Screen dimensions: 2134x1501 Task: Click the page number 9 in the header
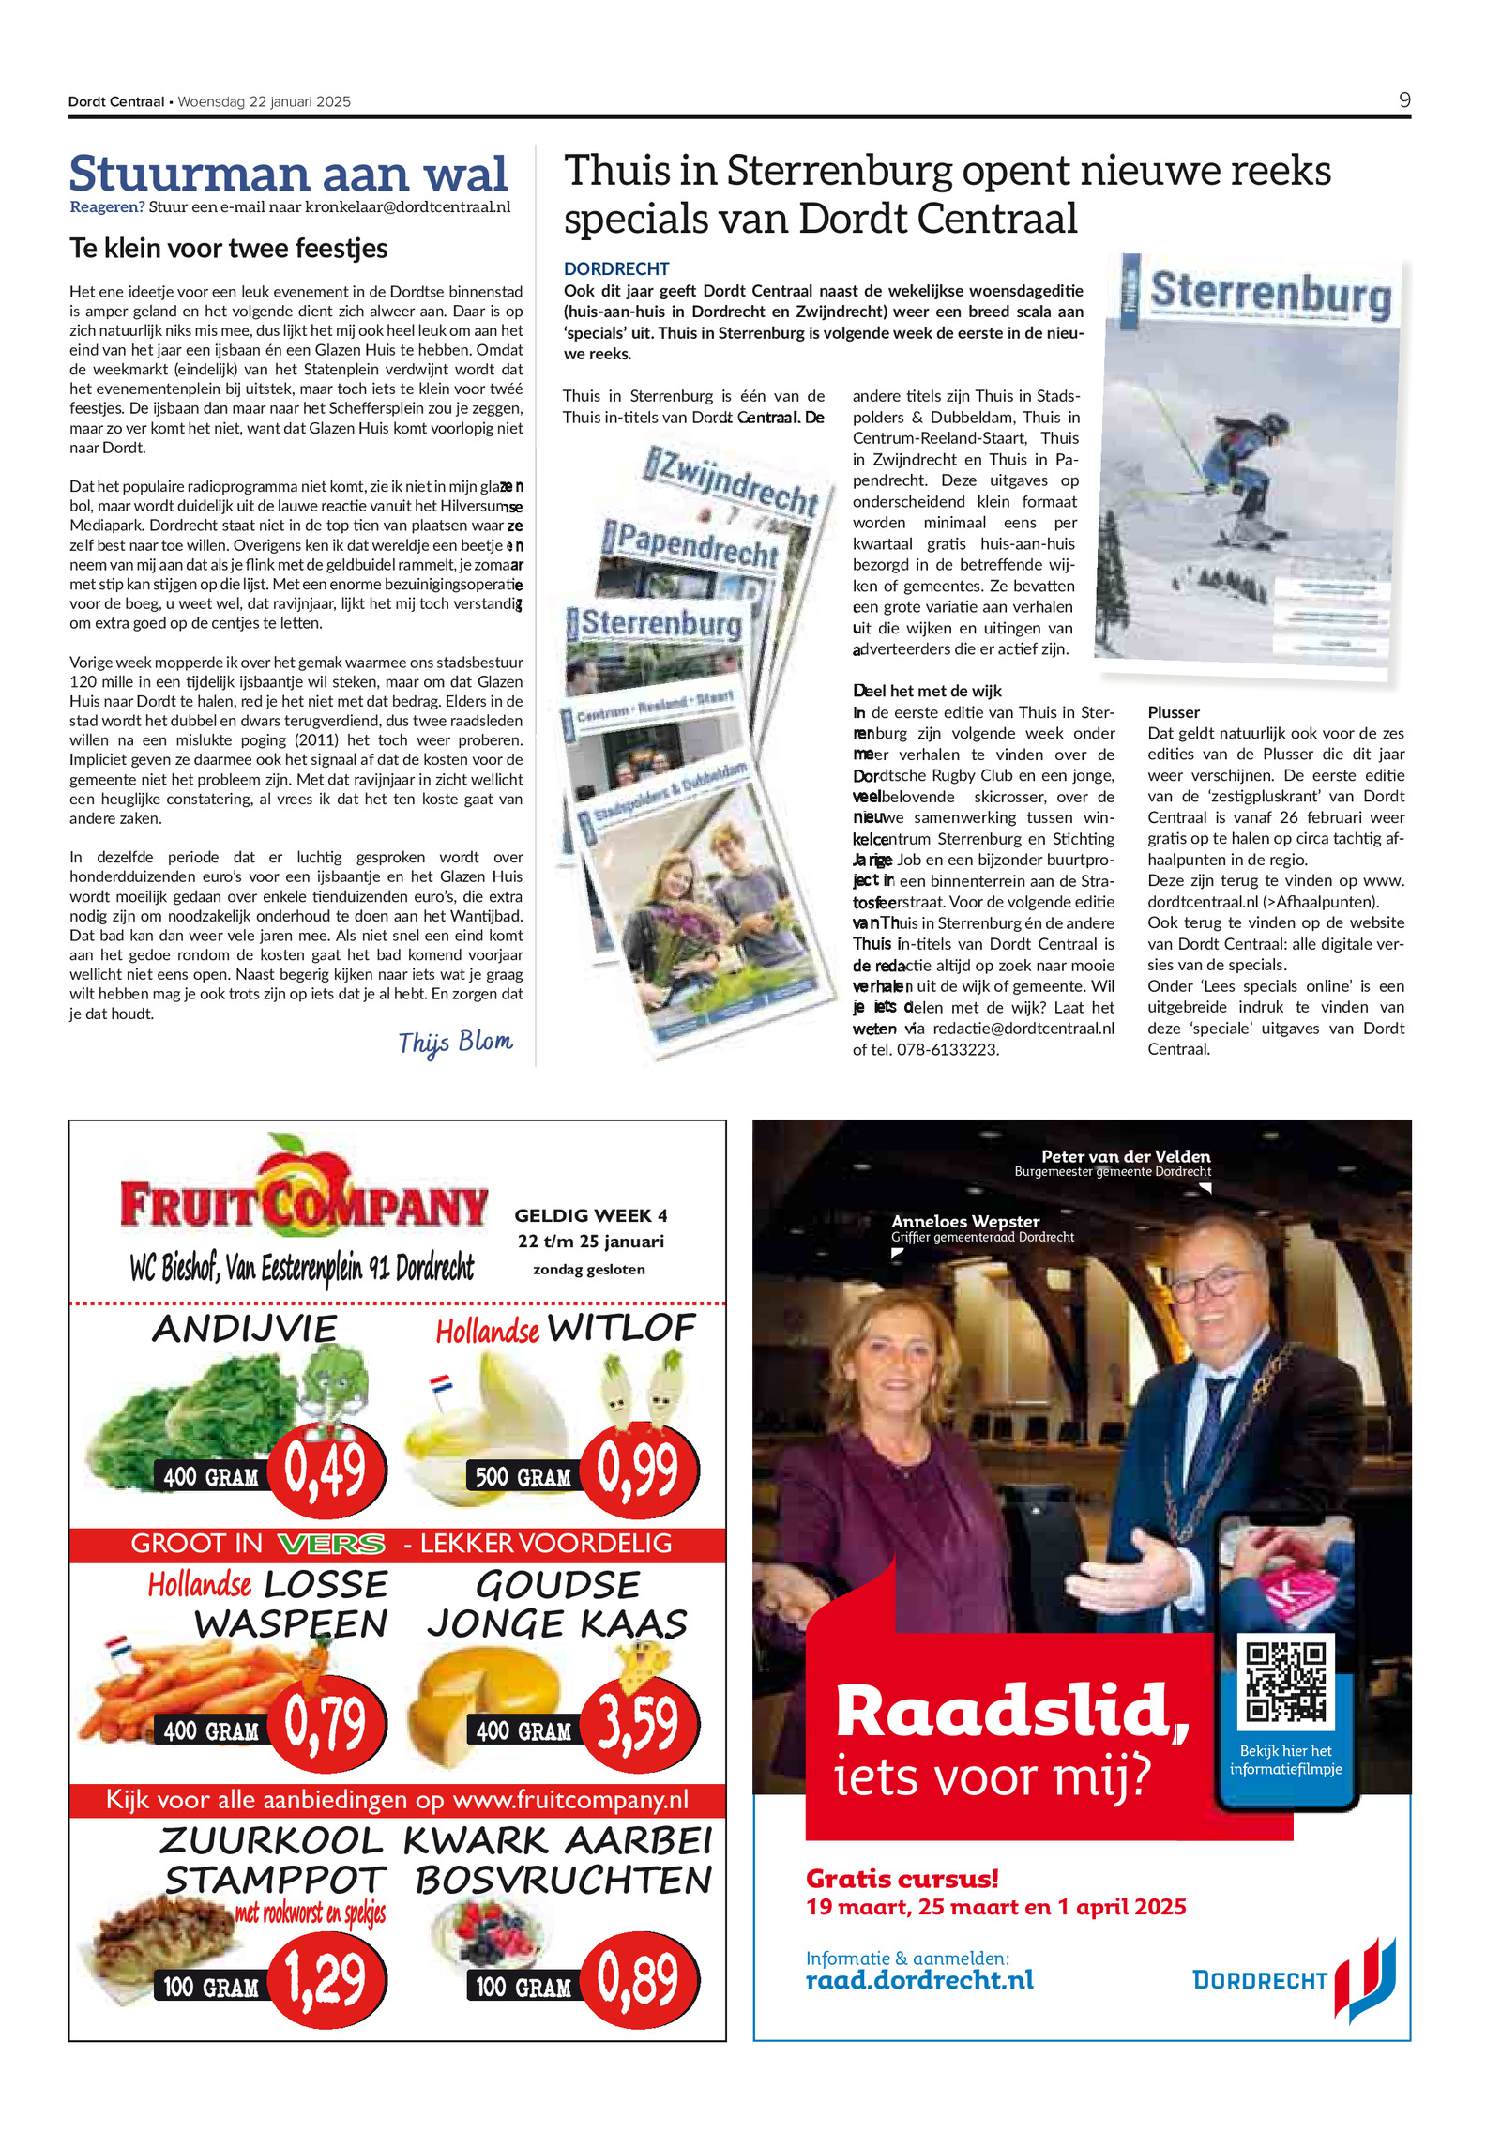pos(1403,100)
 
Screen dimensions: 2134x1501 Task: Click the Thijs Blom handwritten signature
pos(455,1043)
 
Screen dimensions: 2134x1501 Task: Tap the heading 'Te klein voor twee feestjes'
pos(228,249)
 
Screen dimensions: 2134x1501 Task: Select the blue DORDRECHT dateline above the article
pos(615,268)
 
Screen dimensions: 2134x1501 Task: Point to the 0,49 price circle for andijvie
pos(326,1470)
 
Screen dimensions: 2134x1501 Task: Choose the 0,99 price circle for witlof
pos(639,1470)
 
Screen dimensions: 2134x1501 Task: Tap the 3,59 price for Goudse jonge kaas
pos(639,1724)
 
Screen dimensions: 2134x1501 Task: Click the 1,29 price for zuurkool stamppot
pos(326,1979)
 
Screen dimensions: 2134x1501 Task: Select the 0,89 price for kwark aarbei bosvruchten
pos(639,1979)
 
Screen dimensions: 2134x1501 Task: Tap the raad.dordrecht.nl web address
pos(919,1980)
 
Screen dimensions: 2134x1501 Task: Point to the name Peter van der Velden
pos(1125,1156)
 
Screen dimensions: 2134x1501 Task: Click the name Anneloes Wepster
pos(964,1221)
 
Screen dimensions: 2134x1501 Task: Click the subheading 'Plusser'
pos(1174,712)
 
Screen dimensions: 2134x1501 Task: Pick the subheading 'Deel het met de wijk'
pos(927,691)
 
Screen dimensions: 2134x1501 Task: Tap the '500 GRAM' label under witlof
pos(523,1477)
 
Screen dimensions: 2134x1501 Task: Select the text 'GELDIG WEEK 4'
pos(590,1215)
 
